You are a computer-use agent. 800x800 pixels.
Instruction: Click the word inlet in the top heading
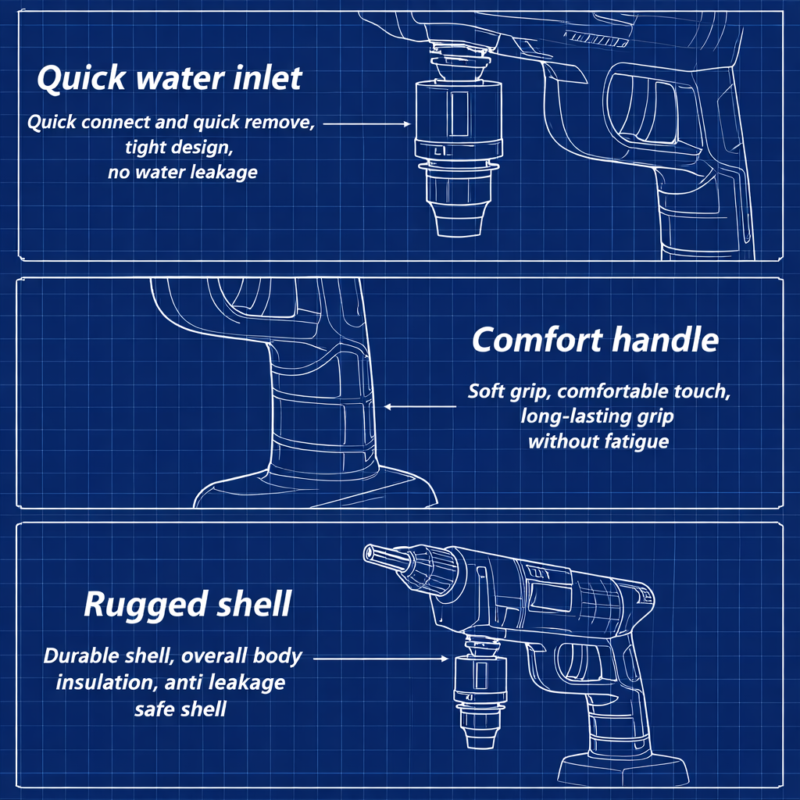(x=264, y=79)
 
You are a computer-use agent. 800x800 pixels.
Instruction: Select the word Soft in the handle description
(x=486, y=391)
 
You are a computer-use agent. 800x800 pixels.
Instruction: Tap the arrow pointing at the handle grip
(x=420, y=406)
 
